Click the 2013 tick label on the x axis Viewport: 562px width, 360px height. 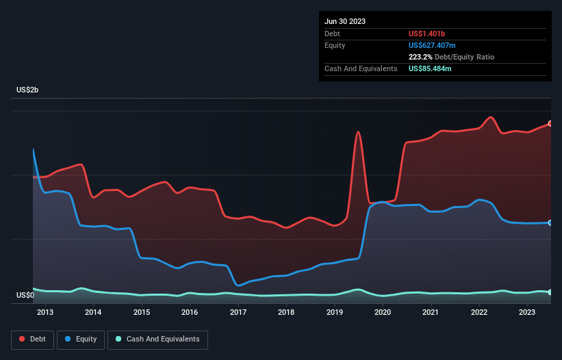45,313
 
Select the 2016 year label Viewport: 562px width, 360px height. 190,313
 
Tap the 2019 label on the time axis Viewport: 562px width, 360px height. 335,313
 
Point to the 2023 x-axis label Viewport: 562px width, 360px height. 527,313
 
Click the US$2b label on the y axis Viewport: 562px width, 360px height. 29,90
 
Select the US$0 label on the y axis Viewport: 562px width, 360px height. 25,295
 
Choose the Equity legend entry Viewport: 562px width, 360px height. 80,339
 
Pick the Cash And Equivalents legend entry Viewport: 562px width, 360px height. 157,339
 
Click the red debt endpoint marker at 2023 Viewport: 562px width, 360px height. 550,123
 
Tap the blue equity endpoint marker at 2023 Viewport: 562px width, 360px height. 550,222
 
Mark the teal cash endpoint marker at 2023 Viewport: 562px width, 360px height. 550,292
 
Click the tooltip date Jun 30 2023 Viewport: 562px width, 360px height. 345,21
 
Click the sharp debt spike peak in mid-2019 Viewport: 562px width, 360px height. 358,131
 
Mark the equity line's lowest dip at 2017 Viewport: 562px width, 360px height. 238,285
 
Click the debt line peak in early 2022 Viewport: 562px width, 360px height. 490,117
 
